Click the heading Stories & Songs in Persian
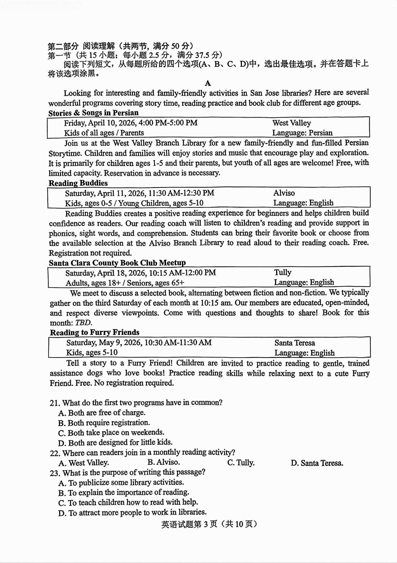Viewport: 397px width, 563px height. [93, 113]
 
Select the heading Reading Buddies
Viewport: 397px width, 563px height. [78, 183]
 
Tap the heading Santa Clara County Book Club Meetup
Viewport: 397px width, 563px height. [117, 263]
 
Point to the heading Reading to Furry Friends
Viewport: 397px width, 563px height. [95, 332]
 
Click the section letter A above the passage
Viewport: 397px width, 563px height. [208, 83]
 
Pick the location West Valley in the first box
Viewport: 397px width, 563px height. [291, 123]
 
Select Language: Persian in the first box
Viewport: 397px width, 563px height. [302, 133]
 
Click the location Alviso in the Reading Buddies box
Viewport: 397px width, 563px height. [284, 193]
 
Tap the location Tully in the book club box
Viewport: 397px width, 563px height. [283, 272]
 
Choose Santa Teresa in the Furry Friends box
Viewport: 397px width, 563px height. [294, 343]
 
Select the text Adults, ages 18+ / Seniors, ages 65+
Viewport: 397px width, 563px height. [125, 283]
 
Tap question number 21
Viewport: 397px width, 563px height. [55, 403]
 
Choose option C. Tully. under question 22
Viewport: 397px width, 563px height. [241, 463]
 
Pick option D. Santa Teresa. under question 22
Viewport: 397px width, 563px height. [317, 463]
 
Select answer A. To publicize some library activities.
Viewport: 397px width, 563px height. [121, 482]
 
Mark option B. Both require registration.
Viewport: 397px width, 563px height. [104, 423]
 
